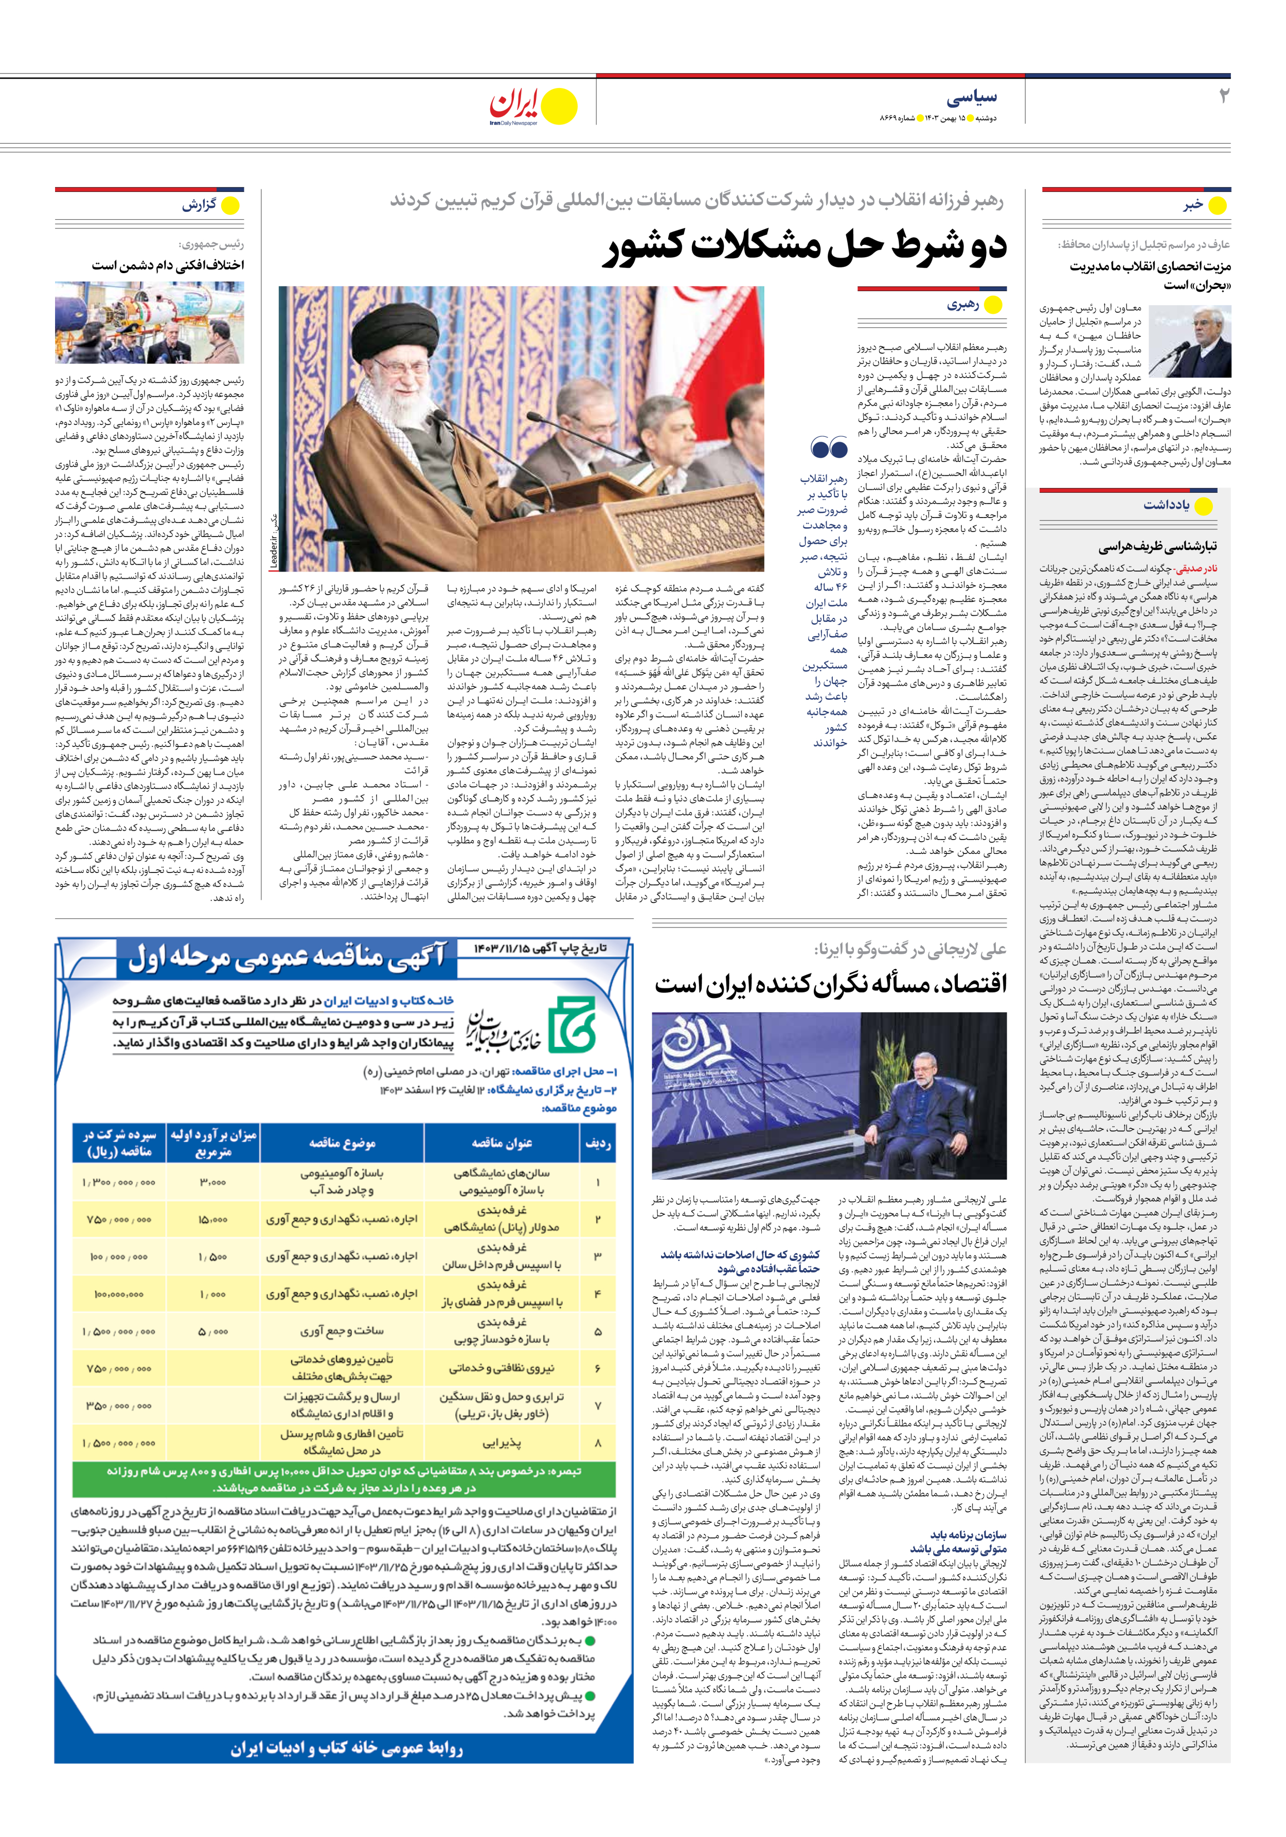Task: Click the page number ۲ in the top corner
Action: pyautogui.click(x=1223, y=96)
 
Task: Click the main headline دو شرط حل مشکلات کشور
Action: pyautogui.click(x=803, y=247)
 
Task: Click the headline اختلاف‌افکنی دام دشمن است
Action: pyautogui.click(x=168, y=265)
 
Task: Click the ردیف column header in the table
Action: pyautogui.click(x=598, y=1144)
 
